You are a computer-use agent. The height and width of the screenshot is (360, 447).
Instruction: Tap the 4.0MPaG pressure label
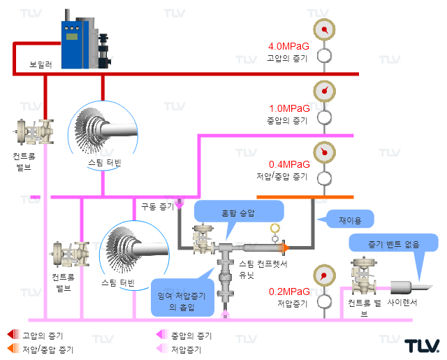tap(288, 46)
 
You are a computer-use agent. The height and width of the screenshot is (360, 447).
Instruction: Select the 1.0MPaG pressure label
tap(289, 108)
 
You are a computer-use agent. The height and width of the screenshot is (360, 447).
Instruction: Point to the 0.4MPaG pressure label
tap(289, 164)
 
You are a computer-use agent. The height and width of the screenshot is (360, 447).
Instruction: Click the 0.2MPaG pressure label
tap(289, 291)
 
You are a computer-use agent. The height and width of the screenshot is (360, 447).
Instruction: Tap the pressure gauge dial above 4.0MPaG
tap(324, 29)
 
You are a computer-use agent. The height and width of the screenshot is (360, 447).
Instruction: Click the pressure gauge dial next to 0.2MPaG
tap(324, 275)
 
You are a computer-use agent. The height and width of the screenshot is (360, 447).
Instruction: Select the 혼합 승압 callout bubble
tap(239, 213)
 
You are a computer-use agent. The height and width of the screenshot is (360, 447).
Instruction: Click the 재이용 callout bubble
tap(349, 219)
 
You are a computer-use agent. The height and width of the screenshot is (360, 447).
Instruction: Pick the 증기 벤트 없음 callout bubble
tap(393, 243)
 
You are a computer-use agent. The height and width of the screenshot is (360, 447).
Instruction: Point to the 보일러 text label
tap(41, 64)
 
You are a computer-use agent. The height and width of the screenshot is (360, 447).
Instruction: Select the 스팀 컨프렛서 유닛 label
tap(263, 269)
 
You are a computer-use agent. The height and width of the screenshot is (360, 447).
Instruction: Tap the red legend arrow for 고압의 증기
tap(13, 334)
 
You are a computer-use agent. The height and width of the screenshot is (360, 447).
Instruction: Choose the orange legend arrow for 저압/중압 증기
tap(13, 348)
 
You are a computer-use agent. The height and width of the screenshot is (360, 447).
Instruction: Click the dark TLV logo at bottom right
tap(422, 346)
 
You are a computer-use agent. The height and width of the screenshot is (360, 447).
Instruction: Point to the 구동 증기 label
tap(158, 206)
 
